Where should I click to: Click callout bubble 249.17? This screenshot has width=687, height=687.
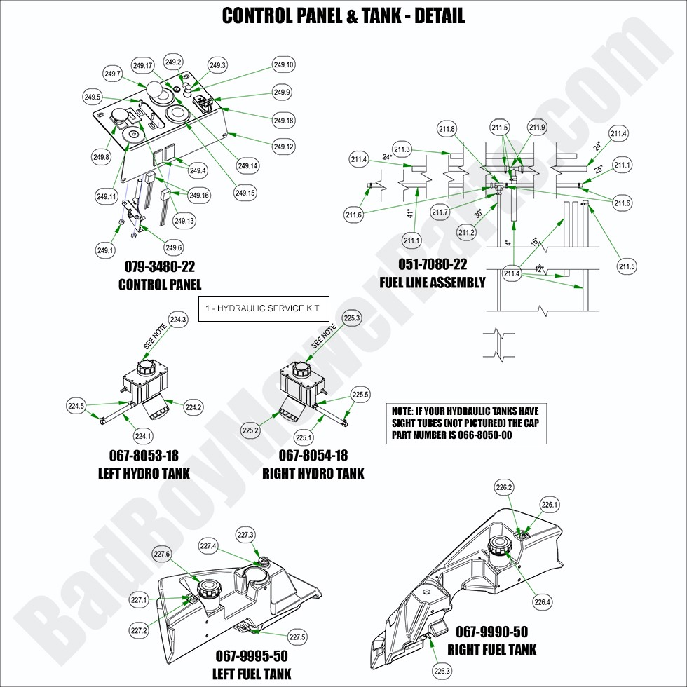(143, 66)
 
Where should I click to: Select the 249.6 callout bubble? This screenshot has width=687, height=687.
(174, 247)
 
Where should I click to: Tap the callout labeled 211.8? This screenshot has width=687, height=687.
(447, 129)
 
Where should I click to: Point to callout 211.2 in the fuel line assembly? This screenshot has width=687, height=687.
(467, 232)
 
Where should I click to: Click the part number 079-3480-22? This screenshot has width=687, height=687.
(160, 267)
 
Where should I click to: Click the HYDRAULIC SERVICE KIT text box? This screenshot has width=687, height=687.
(264, 308)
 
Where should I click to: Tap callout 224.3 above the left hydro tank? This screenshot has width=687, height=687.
(179, 320)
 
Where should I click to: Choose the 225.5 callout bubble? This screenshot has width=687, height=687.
(360, 395)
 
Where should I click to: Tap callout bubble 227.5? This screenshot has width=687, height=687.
(297, 637)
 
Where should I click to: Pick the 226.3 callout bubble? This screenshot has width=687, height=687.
(442, 671)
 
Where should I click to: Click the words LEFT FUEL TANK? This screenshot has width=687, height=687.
(252, 674)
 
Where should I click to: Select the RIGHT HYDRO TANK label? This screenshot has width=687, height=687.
(313, 474)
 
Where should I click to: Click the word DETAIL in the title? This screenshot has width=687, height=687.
(439, 15)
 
